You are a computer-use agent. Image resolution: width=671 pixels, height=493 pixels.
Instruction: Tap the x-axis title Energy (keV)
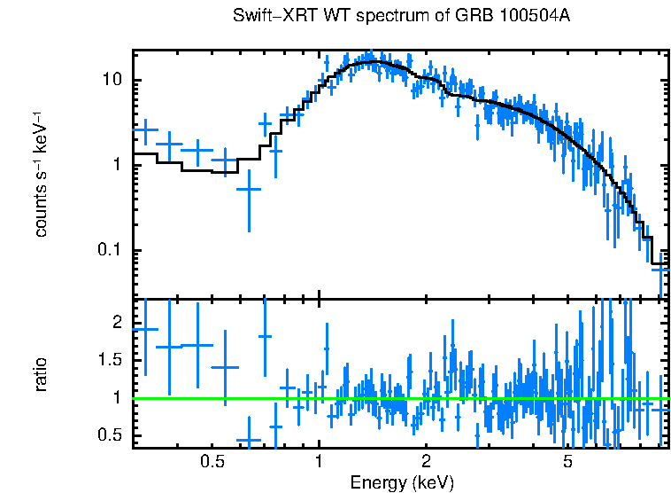coord(402,482)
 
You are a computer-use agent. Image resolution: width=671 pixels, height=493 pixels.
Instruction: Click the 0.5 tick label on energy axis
coord(211,461)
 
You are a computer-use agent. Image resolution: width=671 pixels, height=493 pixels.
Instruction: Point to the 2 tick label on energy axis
coord(426,461)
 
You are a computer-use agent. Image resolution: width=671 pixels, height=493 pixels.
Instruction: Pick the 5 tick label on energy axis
coord(567,461)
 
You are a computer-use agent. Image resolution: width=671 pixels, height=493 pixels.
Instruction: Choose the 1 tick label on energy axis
coord(319,461)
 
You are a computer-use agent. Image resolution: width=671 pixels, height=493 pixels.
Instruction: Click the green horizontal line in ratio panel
coord(398,398)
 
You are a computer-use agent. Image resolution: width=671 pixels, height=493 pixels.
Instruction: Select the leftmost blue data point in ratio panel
coord(144,329)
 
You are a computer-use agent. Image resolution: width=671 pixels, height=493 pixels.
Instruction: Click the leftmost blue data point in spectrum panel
coord(144,130)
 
